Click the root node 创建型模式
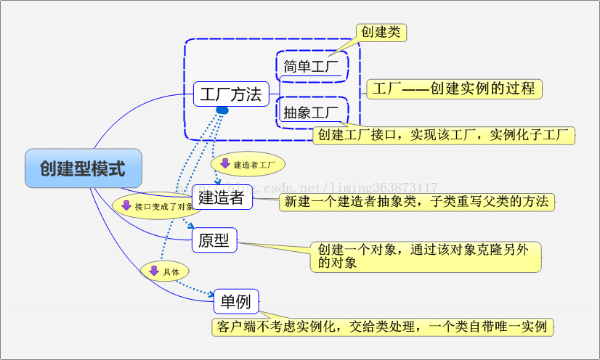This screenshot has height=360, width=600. point(83,169)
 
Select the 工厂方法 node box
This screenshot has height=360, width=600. point(231,94)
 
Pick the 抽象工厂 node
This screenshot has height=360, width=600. point(312,112)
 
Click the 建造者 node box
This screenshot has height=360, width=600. point(222,197)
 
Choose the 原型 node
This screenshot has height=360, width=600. point(214,241)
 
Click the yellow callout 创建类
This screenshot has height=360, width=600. point(380,32)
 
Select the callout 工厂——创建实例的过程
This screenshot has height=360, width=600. point(455,89)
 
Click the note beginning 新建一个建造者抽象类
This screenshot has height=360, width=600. point(416,202)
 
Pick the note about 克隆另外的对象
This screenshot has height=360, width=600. point(426,257)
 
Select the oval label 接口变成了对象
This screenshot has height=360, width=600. point(154,206)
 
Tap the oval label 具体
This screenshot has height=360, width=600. point(164,271)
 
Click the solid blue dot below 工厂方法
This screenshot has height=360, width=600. point(222,110)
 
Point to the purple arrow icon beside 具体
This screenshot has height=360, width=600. point(153,271)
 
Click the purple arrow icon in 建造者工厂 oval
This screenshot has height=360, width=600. point(225,164)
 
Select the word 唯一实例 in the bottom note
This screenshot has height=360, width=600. point(521,327)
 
